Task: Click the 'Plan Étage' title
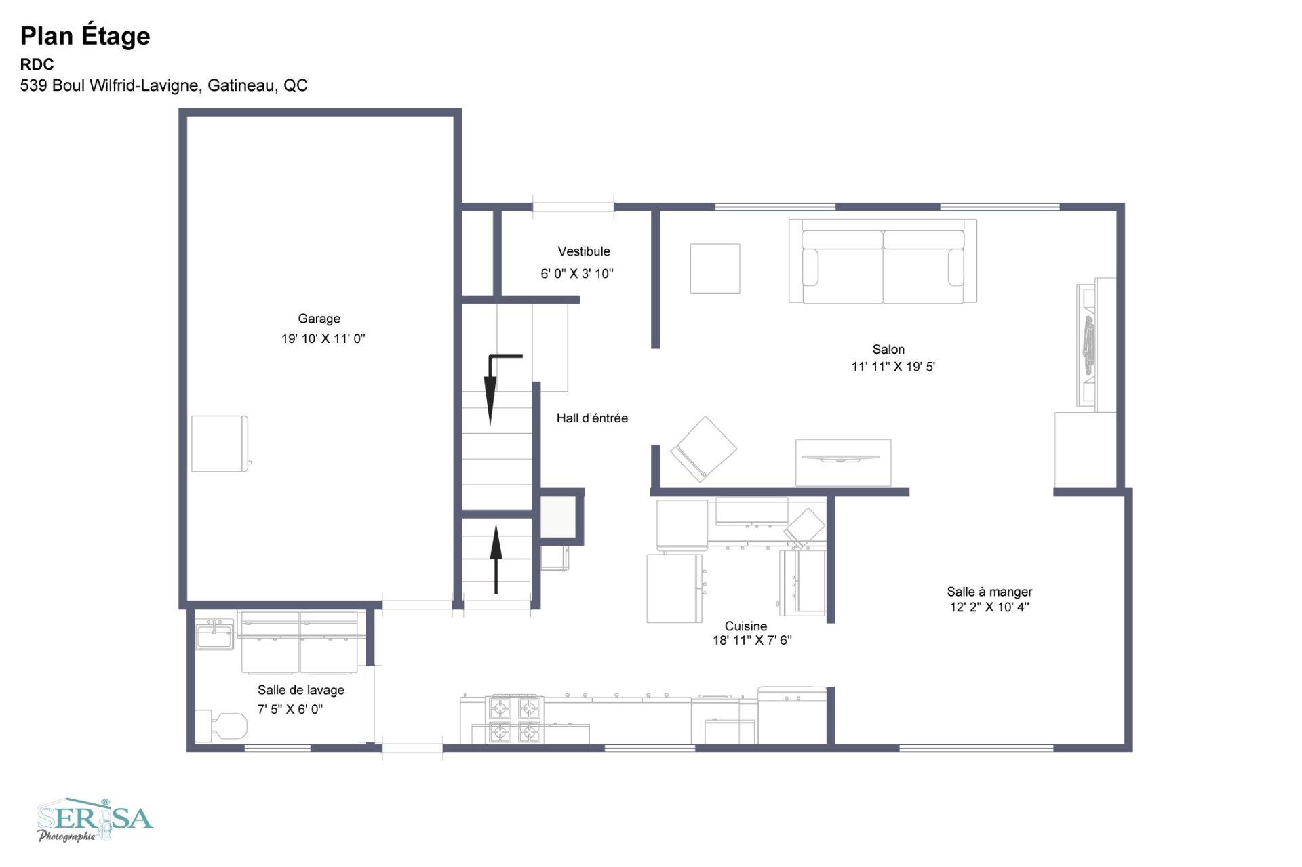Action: point(85,36)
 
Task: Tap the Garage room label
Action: point(319,319)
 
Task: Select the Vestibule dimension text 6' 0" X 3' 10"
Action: point(577,274)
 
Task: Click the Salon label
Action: point(888,349)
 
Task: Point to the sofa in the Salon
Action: point(883,261)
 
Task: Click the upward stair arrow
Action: point(496,559)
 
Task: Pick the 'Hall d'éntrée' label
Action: point(592,418)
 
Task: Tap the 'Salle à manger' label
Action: point(989,592)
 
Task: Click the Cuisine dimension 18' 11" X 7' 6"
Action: point(752,640)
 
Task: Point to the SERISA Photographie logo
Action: point(95,820)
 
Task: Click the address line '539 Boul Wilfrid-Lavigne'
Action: point(110,85)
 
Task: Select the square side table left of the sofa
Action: point(715,268)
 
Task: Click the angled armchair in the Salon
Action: point(703,449)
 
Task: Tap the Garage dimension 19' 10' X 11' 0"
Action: point(323,339)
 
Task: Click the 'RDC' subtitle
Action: point(37,64)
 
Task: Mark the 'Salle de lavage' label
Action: point(300,690)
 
